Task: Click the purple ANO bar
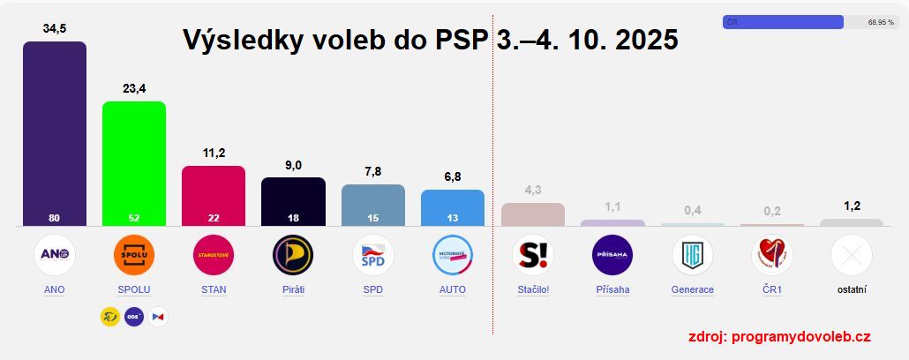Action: pos(55,132)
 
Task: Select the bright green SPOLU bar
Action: pos(134,163)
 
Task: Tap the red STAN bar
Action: pos(214,194)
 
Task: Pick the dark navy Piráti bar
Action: pos(293,200)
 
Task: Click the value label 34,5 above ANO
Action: pos(55,28)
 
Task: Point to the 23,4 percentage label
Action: pos(134,88)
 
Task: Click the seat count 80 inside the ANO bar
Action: pos(55,217)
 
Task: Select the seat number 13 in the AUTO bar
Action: pos(453,217)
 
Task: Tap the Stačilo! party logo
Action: pos(532,255)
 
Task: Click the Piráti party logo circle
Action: pos(293,255)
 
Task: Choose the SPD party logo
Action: pos(372,255)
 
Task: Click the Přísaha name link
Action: pos(612,289)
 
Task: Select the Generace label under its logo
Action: pos(692,289)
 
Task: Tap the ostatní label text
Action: pos(851,289)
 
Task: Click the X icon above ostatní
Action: pos(851,255)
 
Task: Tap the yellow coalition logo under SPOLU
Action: pos(110,316)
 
